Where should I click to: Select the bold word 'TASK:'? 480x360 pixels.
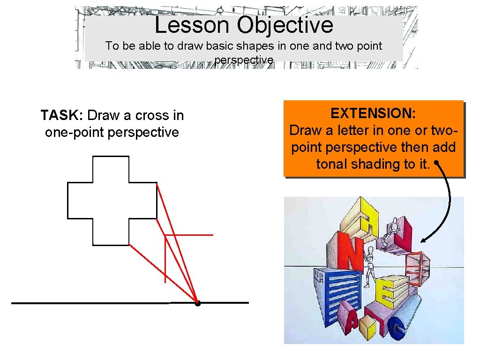62,115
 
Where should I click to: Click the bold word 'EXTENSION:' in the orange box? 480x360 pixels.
373,113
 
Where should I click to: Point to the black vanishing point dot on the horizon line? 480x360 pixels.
198,303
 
